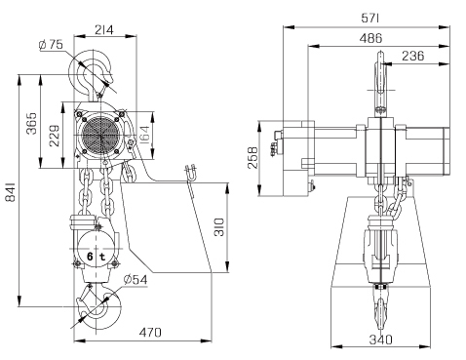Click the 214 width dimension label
pyautogui.click(x=104, y=30)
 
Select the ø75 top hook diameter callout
pyautogui.click(x=51, y=45)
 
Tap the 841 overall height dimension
pyautogui.click(x=11, y=192)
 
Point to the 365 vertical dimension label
pyautogui.click(x=31, y=123)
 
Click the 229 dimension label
pyautogui.click(x=55, y=135)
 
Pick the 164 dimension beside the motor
pyautogui.click(x=144, y=135)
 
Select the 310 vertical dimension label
pyautogui.click(x=219, y=227)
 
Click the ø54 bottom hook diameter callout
pyautogui.click(x=136, y=279)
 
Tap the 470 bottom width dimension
pyautogui.click(x=150, y=333)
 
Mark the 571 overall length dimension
pyautogui.click(x=370, y=18)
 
